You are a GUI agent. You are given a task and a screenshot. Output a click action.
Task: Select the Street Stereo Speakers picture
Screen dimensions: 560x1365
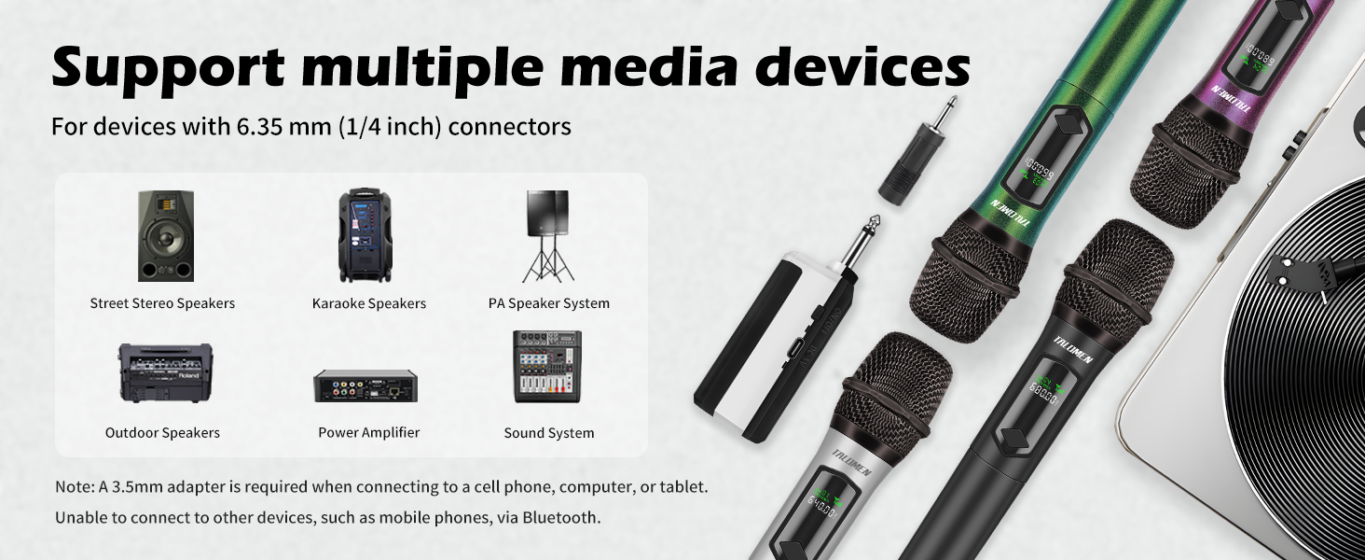point(166,236)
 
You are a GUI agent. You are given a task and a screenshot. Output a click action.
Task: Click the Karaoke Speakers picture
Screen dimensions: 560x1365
point(365,235)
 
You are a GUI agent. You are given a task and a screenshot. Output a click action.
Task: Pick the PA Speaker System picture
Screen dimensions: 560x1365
point(548,236)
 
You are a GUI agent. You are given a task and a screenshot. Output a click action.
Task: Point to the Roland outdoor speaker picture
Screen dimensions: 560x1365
point(165,373)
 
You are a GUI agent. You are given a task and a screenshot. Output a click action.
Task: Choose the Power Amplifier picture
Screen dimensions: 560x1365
point(365,385)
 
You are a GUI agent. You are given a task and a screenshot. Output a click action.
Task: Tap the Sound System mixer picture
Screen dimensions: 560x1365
point(547,367)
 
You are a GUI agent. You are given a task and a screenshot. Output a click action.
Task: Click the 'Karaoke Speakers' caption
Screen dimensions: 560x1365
point(369,303)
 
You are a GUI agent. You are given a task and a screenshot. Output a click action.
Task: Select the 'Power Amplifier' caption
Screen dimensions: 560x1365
point(369,432)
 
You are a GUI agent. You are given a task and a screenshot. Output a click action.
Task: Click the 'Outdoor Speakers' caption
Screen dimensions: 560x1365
point(162,432)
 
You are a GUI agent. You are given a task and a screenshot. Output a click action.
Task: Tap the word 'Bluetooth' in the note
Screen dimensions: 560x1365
point(559,517)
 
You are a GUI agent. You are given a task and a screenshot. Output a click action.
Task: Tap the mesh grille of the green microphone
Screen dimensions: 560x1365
point(970,275)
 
